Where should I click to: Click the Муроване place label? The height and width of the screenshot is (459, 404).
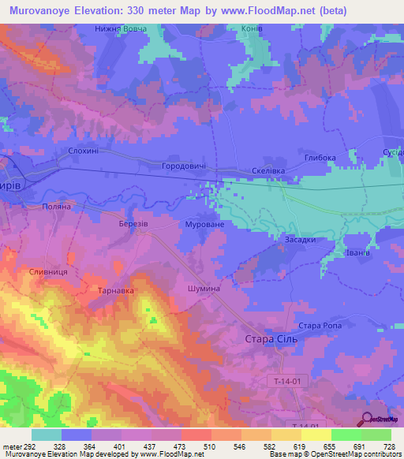tap(204, 225)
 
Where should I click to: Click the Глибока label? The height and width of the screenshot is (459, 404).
tap(320, 158)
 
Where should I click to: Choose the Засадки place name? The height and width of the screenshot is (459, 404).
tap(301, 240)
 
